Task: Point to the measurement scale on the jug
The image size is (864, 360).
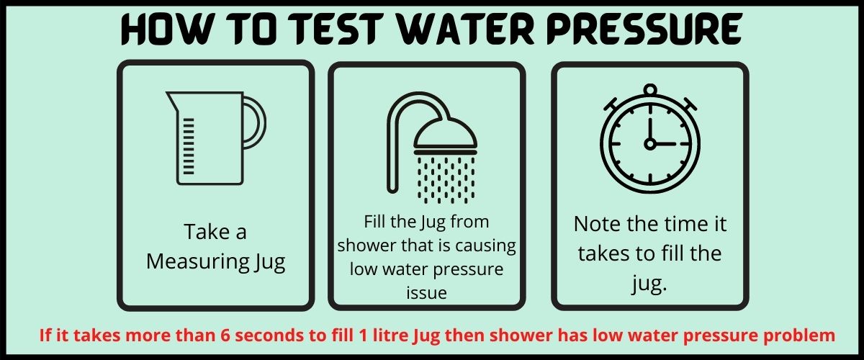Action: [x=189, y=144]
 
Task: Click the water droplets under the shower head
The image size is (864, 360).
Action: [x=444, y=176]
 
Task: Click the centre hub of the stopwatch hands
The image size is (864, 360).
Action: [x=650, y=144]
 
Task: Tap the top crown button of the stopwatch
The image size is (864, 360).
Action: [x=650, y=90]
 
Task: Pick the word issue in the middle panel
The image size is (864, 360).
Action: [x=426, y=292]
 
